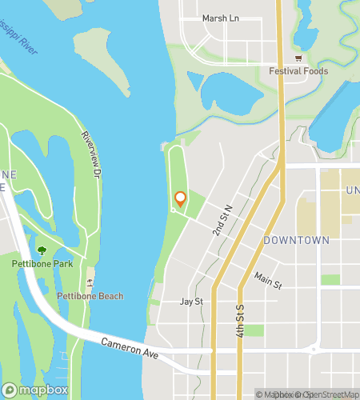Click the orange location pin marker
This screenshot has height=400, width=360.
coord(180,199)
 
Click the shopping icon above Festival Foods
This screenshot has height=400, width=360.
coord(298,58)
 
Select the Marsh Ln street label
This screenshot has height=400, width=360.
coord(221,18)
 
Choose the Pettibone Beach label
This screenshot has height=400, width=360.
coord(90,296)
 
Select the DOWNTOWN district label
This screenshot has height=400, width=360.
coord(296,240)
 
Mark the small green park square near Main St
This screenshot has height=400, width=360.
coord(330,280)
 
